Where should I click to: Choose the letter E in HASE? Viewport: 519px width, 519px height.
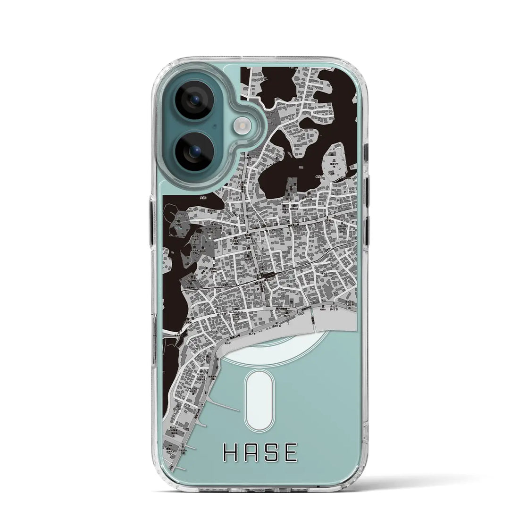tap(292, 453)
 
